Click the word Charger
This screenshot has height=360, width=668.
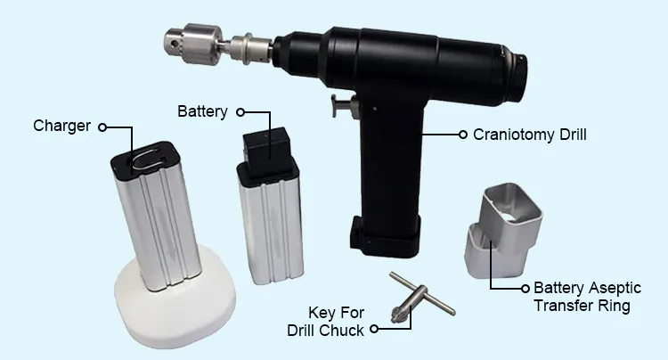(x=61, y=127)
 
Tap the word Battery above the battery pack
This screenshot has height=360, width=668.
(x=202, y=111)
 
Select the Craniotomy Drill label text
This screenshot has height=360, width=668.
(x=530, y=135)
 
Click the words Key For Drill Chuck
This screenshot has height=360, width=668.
(x=326, y=321)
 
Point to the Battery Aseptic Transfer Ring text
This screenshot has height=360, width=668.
(x=588, y=297)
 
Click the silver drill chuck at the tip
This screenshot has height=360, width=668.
(x=194, y=44)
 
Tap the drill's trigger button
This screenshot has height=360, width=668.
(x=344, y=106)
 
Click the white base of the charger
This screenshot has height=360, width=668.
(x=175, y=299)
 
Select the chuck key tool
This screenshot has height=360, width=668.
(x=421, y=299)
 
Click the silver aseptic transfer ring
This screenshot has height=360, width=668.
(x=502, y=230)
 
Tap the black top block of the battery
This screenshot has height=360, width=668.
(x=267, y=149)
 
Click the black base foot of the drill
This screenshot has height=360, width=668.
(x=385, y=237)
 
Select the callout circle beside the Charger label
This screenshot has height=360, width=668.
(x=102, y=127)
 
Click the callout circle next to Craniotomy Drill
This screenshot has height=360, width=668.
(x=463, y=135)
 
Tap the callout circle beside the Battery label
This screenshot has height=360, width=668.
(x=240, y=112)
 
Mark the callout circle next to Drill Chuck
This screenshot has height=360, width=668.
(x=374, y=329)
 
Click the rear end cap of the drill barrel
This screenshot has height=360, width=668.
(x=517, y=77)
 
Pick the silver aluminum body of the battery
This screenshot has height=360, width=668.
(x=272, y=230)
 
